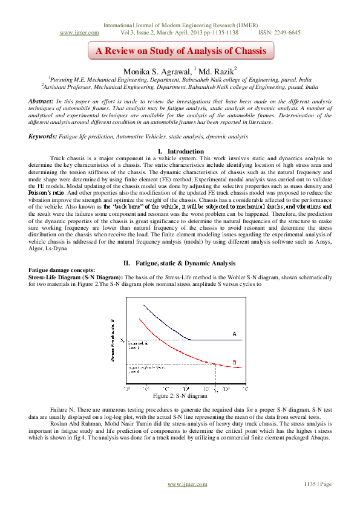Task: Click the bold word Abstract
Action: coord(43,100)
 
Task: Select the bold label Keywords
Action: coord(45,137)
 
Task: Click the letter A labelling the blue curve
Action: coord(234,334)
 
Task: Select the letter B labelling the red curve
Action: coord(234,363)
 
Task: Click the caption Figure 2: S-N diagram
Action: coord(180,396)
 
